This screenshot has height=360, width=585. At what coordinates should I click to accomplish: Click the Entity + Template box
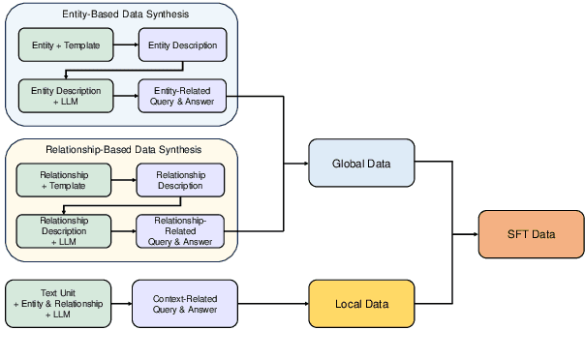[66, 45]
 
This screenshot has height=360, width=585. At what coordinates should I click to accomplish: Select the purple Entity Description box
[183, 45]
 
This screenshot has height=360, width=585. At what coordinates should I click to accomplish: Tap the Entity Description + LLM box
[66, 96]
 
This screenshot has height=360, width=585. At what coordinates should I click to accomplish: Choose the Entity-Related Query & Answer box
[183, 96]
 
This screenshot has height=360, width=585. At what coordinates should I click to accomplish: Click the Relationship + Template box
[64, 180]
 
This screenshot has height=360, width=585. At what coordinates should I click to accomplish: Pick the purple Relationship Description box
[180, 180]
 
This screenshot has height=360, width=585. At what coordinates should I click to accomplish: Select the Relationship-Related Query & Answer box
[180, 230]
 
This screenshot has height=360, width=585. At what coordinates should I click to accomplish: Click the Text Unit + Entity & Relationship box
[56, 303]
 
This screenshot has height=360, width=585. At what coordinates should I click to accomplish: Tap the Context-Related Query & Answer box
[185, 303]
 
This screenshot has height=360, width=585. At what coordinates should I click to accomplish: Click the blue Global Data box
[361, 163]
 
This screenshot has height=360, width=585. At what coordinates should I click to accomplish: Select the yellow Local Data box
[361, 304]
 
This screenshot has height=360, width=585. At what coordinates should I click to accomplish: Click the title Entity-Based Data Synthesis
[122, 15]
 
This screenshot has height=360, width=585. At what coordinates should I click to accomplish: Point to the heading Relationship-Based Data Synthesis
[124, 150]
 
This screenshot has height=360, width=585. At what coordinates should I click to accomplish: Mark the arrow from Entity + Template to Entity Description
[126, 45]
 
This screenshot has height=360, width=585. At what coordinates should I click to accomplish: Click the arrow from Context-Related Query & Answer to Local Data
[273, 304]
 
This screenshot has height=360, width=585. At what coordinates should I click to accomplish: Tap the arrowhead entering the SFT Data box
[475, 233]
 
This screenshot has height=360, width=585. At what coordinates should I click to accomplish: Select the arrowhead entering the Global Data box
[304, 163]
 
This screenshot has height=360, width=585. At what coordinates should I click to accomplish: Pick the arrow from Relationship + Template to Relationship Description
[123, 180]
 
